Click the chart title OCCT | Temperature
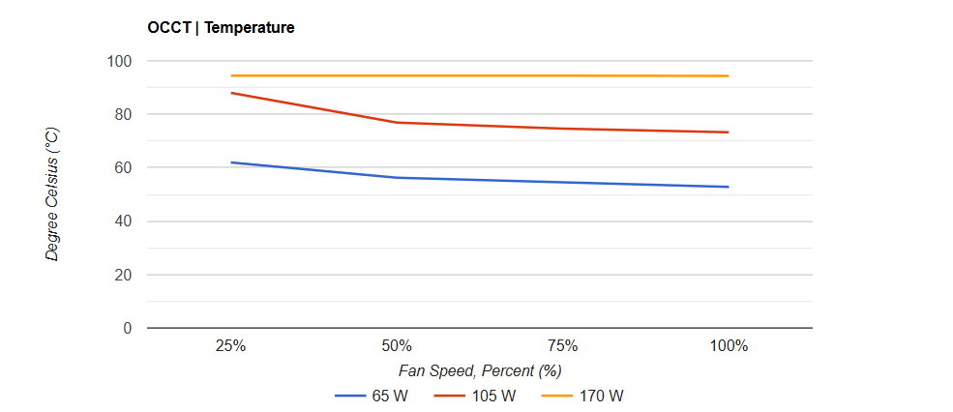pyautogui.click(x=221, y=28)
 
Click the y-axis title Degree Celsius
pyautogui.click(x=53, y=193)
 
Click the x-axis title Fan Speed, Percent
pyautogui.click(x=480, y=370)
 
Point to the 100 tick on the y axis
pyautogui.click(x=120, y=61)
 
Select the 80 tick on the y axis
pyautogui.click(x=124, y=114)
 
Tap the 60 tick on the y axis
pyautogui.click(x=124, y=167)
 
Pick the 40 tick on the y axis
pyautogui.click(x=124, y=221)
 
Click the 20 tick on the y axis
pyautogui.click(x=124, y=275)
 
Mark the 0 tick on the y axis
pyautogui.click(x=128, y=329)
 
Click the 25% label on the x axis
pyautogui.click(x=230, y=346)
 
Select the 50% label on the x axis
pyautogui.click(x=397, y=346)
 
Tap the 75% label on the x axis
pyautogui.click(x=562, y=346)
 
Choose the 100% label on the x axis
pyautogui.click(x=729, y=346)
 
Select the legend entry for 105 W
pyautogui.click(x=474, y=396)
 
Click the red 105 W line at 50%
pyautogui.click(x=397, y=123)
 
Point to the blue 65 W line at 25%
pyautogui.click(x=231, y=162)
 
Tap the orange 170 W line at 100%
pyautogui.click(x=729, y=75)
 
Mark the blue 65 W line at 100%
pyautogui.click(x=729, y=187)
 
